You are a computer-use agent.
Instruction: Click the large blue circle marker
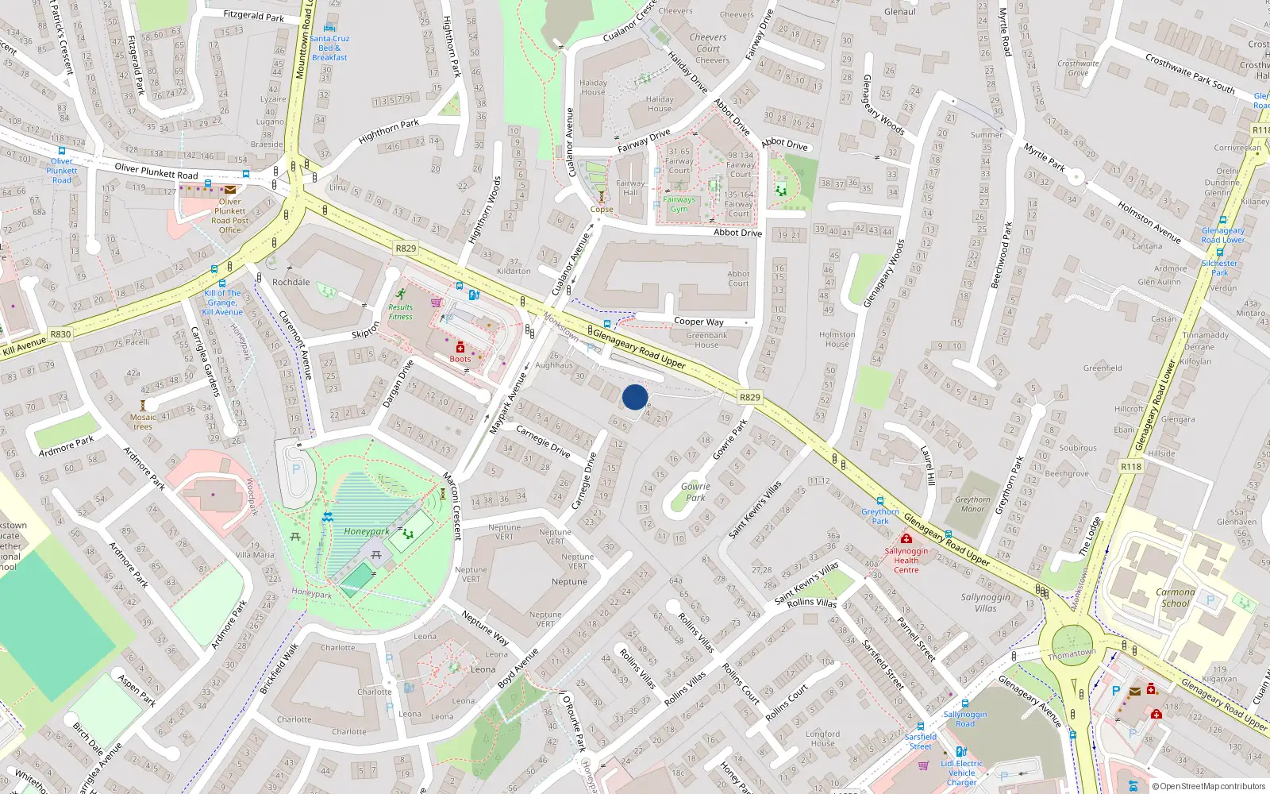point(635,397)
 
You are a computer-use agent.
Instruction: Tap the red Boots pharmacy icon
point(460,348)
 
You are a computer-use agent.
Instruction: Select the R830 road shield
point(60,334)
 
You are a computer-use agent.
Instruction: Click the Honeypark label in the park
point(367,531)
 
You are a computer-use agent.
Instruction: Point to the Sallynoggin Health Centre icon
point(906,539)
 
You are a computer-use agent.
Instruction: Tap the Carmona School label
point(1175,597)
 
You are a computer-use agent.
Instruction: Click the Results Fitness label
point(400,312)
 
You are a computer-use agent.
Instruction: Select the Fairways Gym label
point(679,204)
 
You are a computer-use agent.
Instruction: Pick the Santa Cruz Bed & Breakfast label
point(329,48)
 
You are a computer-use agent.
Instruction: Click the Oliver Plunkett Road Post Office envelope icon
point(230,190)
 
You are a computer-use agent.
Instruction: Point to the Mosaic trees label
point(143,422)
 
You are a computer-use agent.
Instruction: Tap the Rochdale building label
point(291,282)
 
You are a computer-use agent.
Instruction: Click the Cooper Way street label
point(698,322)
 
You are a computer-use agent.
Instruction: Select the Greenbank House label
point(706,340)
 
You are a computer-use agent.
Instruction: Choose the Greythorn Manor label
point(972,504)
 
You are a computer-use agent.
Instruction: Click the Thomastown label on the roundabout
point(1072,653)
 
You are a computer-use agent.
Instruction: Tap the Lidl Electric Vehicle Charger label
point(962,773)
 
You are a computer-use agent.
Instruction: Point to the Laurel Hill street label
point(928,465)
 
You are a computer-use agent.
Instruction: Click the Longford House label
point(822,738)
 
